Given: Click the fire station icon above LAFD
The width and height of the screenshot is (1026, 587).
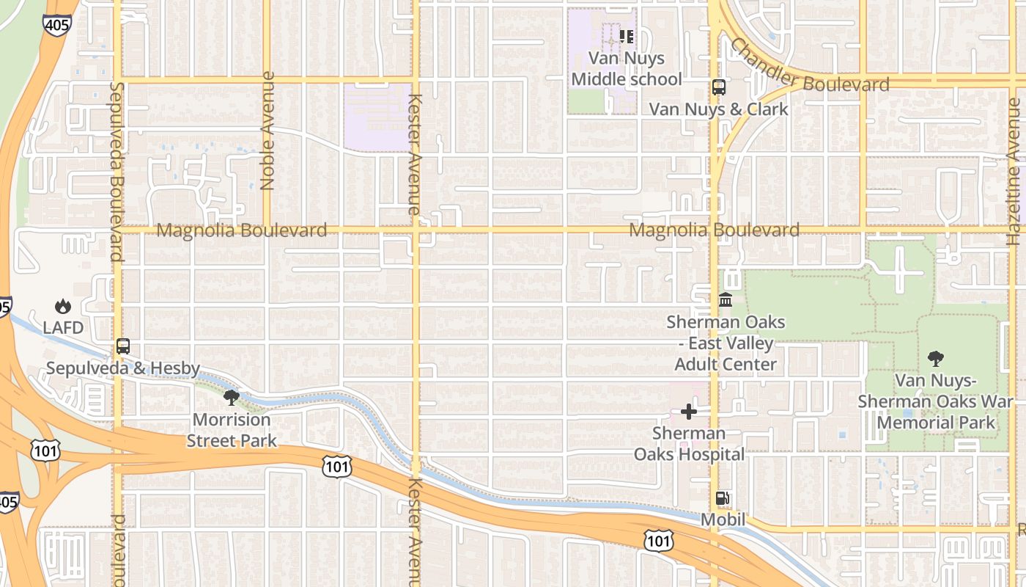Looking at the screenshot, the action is coord(63,307).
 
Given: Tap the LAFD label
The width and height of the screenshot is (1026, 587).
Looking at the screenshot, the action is coord(63,327).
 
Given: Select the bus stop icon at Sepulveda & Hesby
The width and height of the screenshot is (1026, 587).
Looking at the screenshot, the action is coord(123,346).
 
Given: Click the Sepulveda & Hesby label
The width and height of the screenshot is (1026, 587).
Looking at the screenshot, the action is coord(123,368).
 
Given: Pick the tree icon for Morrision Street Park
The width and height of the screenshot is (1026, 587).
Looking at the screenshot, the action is coord(232,398).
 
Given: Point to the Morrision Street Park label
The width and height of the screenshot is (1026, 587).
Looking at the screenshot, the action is coord(232,430).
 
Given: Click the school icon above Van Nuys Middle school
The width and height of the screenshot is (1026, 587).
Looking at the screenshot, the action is coord(626,36).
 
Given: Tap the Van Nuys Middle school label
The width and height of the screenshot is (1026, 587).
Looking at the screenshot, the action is coord(627,68).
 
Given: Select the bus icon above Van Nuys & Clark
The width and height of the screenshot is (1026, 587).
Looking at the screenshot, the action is coord(719,87).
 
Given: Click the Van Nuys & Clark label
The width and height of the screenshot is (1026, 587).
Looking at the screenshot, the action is coord(719,109).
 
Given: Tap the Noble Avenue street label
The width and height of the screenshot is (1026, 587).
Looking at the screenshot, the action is coord(267,131).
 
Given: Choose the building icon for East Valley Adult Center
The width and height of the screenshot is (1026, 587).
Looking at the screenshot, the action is coord(726,300).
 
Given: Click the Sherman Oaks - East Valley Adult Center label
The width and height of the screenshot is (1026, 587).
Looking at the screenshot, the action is coord(726,343).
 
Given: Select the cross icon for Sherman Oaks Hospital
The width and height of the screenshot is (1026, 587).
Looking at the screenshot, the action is coord(689,412).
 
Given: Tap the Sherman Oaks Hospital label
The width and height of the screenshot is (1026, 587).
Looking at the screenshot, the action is coord(689,444).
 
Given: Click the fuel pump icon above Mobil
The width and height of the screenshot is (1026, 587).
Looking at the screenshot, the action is coord(723,499).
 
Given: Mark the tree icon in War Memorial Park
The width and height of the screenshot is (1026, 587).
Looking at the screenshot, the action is coord(935,359).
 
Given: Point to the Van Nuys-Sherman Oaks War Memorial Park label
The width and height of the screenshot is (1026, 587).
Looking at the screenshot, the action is coord(936,401).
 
